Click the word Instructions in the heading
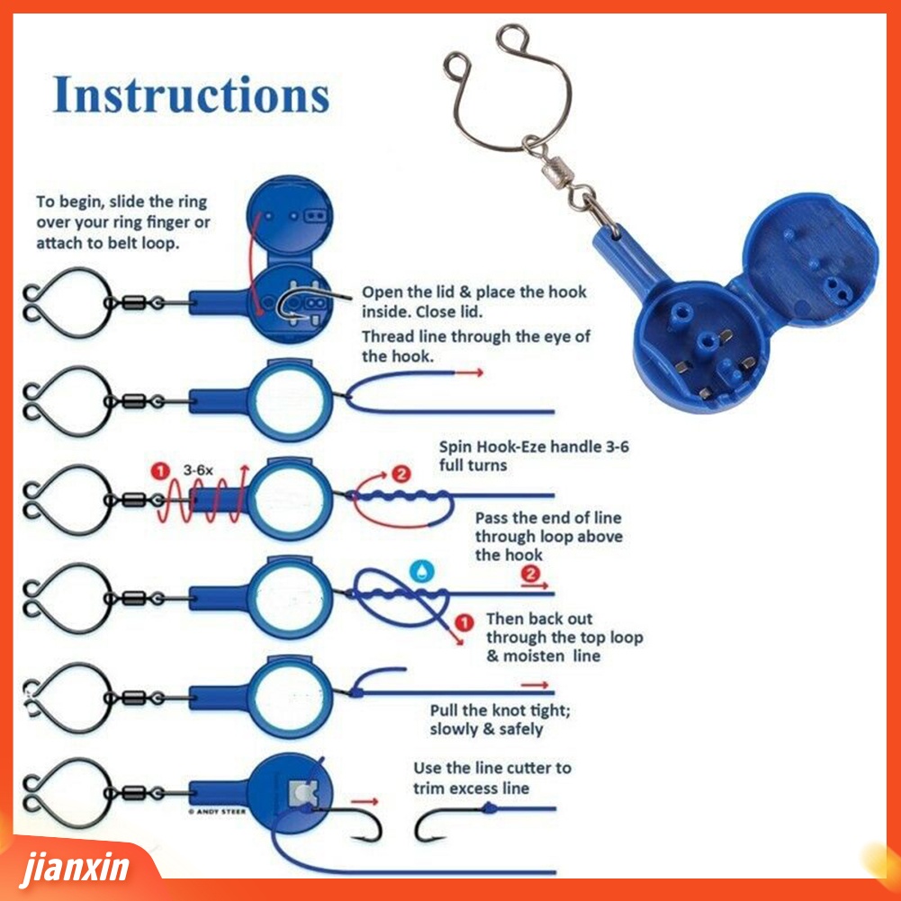[x=191, y=95]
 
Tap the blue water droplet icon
[x=421, y=570]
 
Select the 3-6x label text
[x=199, y=470]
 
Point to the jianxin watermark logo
[x=77, y=869]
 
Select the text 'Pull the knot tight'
[x=500, y=710]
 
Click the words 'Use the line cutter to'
[x=492, y=768]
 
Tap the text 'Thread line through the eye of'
[x=476, y=337]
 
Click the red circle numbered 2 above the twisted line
[x=401, y=473]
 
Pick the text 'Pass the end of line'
[x=548, y=518]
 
